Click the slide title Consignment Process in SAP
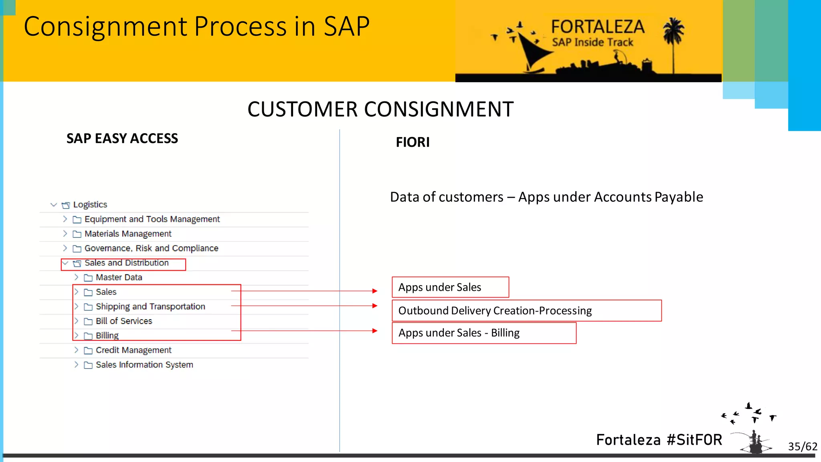click(196, 27)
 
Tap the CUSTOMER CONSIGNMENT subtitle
click(380, 109)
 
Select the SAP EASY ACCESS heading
click(122, 138)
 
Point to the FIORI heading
click(413, 142)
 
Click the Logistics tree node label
click(90, 205)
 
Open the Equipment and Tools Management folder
click(152, 219)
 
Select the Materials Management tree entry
click(128, 234)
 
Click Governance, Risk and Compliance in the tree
click(151, 248)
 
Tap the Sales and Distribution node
click(126, 263)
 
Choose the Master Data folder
click(119, 278)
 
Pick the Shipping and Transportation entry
click(150, 307)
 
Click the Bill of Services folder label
click(124, 321)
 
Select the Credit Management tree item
click(133, 350)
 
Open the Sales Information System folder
click(144, 365)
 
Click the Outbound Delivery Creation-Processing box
click(526, 311)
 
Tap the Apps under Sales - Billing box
click(484, 333)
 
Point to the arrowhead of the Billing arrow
click(375, 331)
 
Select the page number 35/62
click(802, 446)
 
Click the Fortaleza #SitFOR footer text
click(659, 440)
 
